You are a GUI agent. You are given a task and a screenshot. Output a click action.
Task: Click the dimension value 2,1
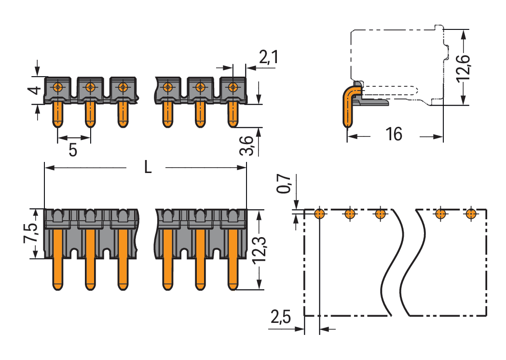(268, 57)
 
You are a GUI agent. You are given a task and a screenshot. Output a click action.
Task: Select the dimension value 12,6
(464, 67)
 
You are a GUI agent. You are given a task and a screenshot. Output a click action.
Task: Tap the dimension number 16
(394, 134)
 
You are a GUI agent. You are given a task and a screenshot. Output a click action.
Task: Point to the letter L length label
(148, 167)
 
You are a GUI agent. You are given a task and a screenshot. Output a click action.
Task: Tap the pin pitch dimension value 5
(73, 150)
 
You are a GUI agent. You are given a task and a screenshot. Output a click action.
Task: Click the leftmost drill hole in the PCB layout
(319, 213)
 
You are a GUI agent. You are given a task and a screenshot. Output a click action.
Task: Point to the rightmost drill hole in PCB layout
(471, 213)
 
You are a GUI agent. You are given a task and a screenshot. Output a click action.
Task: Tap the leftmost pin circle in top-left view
(58, 87)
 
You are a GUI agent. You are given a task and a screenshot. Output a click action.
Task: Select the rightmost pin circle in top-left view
(233, 87)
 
